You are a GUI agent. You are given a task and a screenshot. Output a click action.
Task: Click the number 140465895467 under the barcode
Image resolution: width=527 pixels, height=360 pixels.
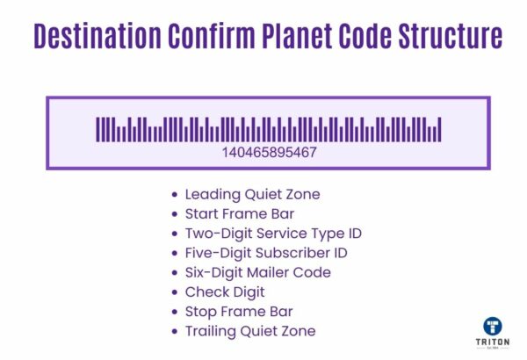[x=270, y=152]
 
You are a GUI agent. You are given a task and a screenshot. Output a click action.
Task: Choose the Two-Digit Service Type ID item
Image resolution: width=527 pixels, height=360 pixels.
[x=273, y=234]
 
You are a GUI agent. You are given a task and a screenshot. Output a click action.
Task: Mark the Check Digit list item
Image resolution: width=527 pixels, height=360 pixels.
[x=224, y=292]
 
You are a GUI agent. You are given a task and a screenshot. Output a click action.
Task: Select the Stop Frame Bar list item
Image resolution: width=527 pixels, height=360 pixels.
[x=238, y=311]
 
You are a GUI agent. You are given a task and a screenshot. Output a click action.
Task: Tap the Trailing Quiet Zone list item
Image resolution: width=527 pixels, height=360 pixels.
[x=249, y=331]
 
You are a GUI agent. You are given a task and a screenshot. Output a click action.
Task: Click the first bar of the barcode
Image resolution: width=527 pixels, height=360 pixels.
[x=98, y=129]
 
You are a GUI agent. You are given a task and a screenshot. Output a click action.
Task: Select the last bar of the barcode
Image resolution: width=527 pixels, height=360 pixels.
[x=439, y=129]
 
